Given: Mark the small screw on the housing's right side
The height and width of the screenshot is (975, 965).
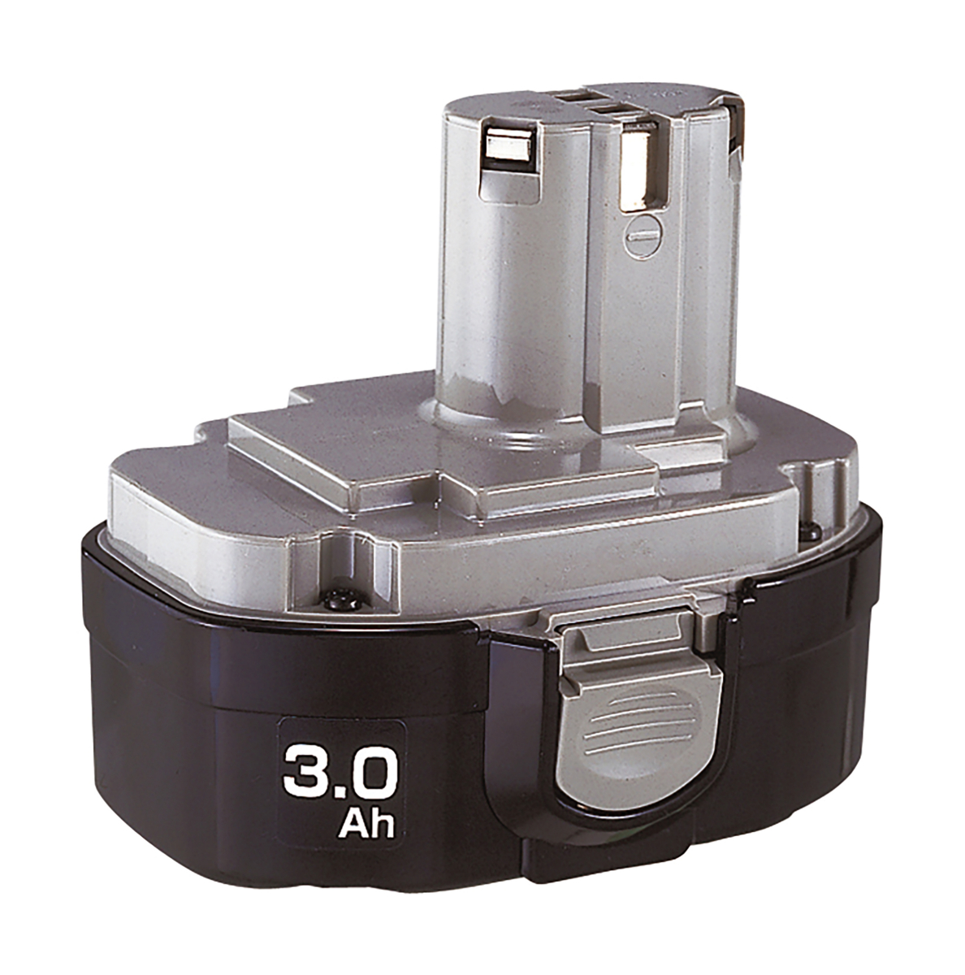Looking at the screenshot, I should (x=810, y=532).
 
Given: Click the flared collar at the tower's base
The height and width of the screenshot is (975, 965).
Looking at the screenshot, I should (x=528, y=414).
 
